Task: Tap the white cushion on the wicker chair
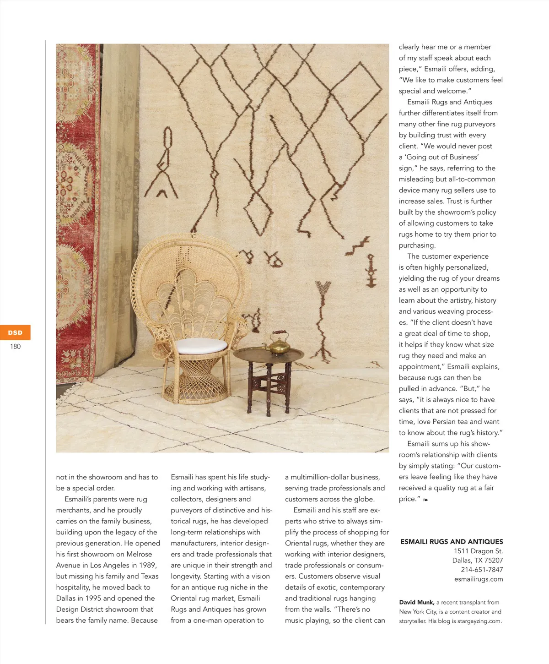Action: click(x=201, y=346)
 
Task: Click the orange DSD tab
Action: click(x=15, y=332)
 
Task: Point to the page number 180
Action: click(x=15, y=347)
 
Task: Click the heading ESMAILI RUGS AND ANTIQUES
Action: click(x=452, y=541)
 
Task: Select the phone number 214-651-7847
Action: click(x=482, y=570)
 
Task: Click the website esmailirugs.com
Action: click(x=479, y=579)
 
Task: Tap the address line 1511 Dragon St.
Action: click(x=478, y=551)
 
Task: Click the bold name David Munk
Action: click(x=416, y=602)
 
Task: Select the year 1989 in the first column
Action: click(x=147, y=565)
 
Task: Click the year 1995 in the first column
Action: click(x=92, y=598)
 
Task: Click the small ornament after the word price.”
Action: click(x=425, y=500)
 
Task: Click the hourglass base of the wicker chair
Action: click(x=196, y=380)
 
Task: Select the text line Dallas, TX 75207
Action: click(x=478, y=561)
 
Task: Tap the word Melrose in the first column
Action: click(x=139, y=554)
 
